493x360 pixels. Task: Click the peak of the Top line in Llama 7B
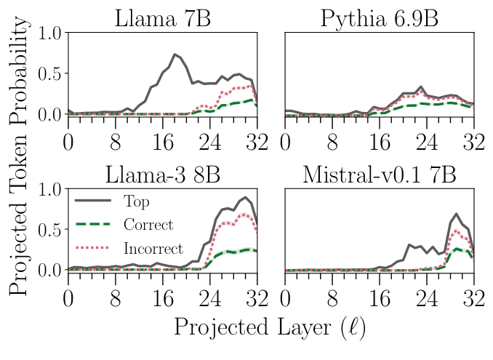(174, 55)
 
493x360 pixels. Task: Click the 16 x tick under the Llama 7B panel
(162, 140)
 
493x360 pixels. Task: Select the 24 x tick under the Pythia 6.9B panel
(426, 140)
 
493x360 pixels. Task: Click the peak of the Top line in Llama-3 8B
(245, 197)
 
